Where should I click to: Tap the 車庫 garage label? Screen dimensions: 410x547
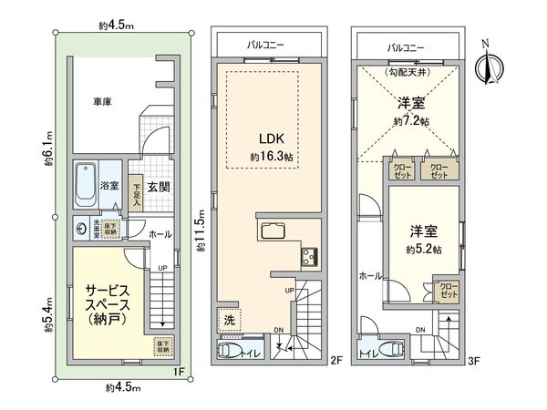coord(101,103)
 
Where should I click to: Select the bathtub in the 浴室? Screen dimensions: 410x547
coord(87,185)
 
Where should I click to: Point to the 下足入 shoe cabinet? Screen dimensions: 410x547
coord(135,190)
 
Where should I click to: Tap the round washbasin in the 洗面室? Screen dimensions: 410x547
coord(81,229)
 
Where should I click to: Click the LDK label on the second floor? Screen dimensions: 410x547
coord(271,138)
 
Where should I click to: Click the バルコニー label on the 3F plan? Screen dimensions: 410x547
coord(407,46)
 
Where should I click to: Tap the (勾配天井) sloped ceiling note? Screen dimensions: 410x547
coord(408,72)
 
